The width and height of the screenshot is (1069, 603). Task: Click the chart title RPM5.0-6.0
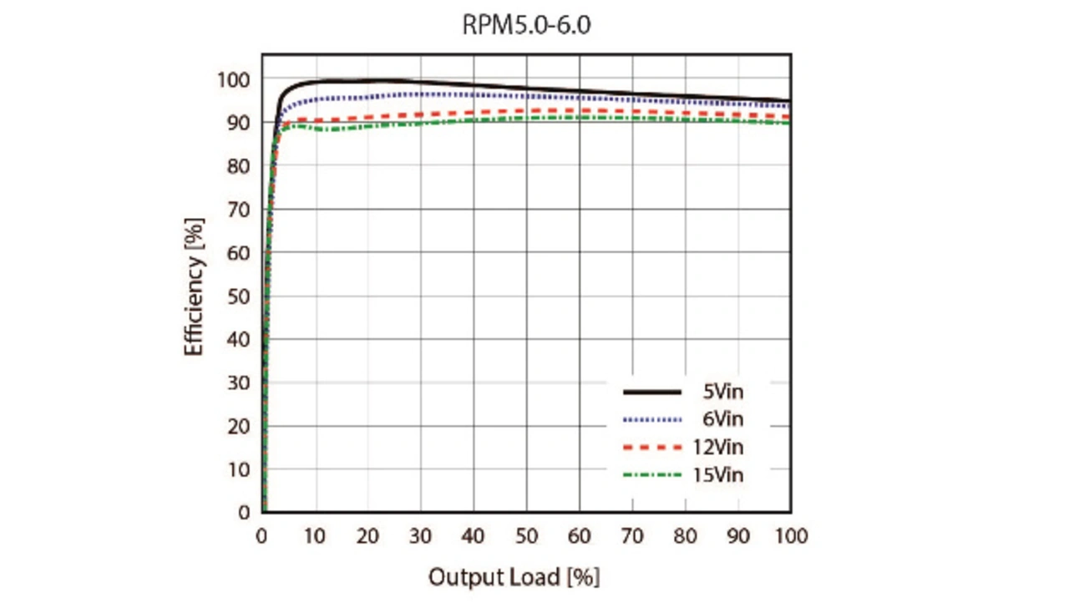pyautogui.click(x=526, y=25)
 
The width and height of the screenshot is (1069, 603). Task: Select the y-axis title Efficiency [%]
pyautogui.click(x=194, y=286)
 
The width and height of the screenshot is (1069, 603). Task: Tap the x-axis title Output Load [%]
pyautogui.click(x=514, y=577)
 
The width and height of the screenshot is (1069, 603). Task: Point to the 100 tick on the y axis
pyautogui.click(x=235, y=79)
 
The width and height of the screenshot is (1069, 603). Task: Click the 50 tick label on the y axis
pyautogui.click(x=239, y=296)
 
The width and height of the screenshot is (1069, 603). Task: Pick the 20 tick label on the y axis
pyautogui.click(x=239, y=426)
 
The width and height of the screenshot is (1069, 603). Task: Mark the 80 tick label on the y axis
pyautogui.click(x=239, y=166)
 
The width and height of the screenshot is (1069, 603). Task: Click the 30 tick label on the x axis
pyautogui.click(x=421, y=536)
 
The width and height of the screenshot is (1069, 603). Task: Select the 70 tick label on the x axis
pyautogui.click(x=632, y=536)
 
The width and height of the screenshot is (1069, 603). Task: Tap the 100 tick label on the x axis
pyautogui.click(x=790, y=536)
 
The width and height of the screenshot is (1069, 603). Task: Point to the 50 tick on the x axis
pyautogui.click(x=526, y=536)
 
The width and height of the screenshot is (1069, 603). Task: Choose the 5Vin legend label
pyautogui.click(x=723, y=391)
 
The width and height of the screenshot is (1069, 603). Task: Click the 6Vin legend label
pyautogui.click(x=723, y=419)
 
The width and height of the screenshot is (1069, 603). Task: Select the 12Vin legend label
pyautogui.click(x=718, y=448)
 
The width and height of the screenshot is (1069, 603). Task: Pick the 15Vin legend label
pyautogui.click(x=718, y=476)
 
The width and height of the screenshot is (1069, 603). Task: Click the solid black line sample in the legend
pyautogui.click(x=652, y=391)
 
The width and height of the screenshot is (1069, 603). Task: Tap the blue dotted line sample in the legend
pyautogui.click(x=652, y=419)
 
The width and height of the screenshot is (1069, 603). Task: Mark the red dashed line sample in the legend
pyautogui.click(x=652, y=448)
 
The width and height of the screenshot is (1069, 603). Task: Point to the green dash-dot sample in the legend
pyautogui.click(x=652, y=476)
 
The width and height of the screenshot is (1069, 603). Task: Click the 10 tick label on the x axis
pyautogui.click(x=315, y=536)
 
